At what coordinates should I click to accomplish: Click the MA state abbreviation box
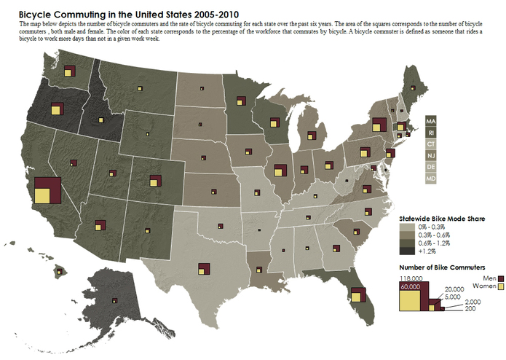coord(430,121)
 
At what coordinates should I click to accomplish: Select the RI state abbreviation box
coord(430,133)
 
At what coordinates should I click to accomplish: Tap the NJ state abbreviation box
coord(430,155)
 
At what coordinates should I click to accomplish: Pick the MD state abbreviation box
coord(430,178)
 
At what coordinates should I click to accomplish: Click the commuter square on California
coord(45,189)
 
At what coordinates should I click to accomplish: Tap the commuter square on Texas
coord(203,268)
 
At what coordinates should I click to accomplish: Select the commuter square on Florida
coord(357,295)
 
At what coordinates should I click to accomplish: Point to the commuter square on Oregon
coord(56,110)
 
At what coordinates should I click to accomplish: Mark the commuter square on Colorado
coord(155,180)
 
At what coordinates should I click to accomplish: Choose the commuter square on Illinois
coord(279,171)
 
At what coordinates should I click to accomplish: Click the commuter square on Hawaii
coord(61,271)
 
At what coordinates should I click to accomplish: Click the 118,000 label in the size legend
coord(409,278)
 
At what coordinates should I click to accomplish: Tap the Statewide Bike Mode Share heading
coord(442,217)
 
